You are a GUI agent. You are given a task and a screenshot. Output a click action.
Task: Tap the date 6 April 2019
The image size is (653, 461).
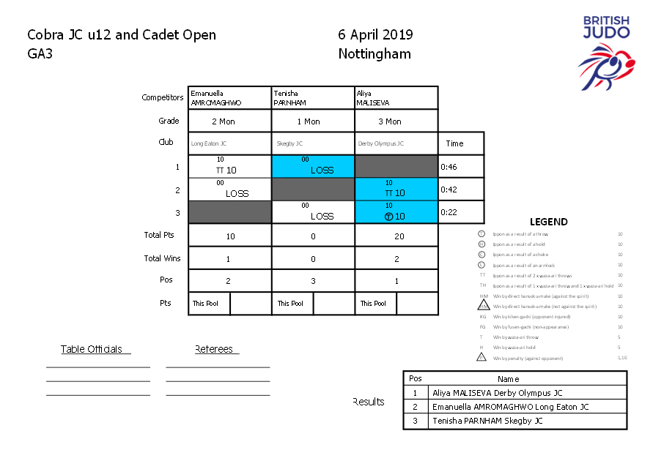coord(375,34)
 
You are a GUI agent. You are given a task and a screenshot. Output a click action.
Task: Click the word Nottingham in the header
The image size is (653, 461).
coord(375,53)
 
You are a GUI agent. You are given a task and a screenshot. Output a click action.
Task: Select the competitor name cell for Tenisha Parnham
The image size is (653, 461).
coord(313,98)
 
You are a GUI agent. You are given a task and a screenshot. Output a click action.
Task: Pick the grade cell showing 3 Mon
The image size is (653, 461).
coord(396,121)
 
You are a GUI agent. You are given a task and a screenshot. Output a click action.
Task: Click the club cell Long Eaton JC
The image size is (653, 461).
coord(230,143)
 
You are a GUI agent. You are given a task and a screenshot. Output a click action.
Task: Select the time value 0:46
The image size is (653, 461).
coord(449,167)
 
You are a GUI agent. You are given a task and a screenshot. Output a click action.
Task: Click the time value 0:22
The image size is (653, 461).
coord(449,212)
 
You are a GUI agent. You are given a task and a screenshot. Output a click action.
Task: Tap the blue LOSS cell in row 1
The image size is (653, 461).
coord(313,166)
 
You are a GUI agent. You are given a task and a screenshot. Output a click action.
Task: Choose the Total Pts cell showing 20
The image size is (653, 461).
coord(396,236)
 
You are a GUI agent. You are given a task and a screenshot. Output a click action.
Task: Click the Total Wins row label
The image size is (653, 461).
coord(162,258)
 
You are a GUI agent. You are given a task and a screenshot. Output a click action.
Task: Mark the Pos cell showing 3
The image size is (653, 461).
coord(313,280)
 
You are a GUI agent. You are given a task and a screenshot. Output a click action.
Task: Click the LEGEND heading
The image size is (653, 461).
coord(548,222)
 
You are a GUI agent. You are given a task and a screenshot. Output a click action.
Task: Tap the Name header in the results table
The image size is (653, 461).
coord(508,379)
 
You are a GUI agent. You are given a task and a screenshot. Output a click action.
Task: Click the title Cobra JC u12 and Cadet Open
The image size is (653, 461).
coord(122,34)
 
